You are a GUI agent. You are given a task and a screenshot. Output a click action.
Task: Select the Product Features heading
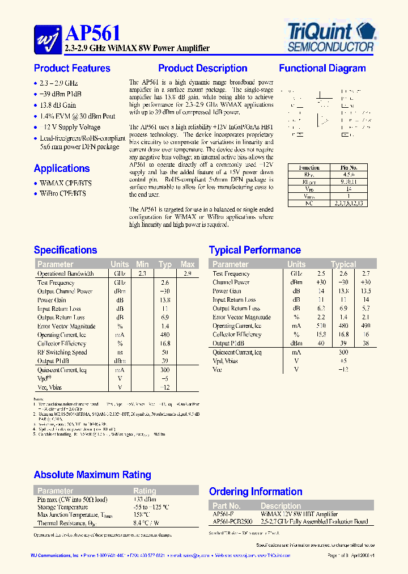pyautogui.click(x=72, y=69)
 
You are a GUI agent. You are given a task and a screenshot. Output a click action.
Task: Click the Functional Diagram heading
pyautogui.click(x=322, y=69)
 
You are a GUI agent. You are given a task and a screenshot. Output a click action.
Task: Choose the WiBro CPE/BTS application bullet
pyautogui.click(x=63, y=193)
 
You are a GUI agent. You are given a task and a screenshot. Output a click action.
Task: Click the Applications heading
pyautogui.click(x=62, y=168)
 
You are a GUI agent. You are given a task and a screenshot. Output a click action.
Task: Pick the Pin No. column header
pyautogui.click(x=348, y=168)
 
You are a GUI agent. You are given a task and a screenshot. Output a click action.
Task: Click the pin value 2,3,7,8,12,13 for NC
pyautogui.click(x=348, y=202)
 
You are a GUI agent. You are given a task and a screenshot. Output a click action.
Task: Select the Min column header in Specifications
pyautogui.click(x=142, y=264)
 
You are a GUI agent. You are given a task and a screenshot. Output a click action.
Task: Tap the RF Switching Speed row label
pyautogui.click(x=62, y=352)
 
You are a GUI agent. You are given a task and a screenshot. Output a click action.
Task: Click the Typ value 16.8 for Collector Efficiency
pyautogui.click(x=165, y=344)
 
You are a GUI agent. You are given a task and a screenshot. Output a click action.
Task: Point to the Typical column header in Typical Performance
pyautogui.click(x=343, y=264)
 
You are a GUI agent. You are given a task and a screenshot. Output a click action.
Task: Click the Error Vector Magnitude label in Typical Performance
pyautogui.click(x=241, y=317)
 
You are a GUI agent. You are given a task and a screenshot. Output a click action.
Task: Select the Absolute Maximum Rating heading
pyautogui.click(x=92, y=475)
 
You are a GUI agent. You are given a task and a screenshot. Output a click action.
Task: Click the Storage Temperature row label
pyautogui.click(x=63, y=507)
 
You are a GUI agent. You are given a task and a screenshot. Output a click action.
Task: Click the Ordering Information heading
pyautogui.click(x=256, y=492)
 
